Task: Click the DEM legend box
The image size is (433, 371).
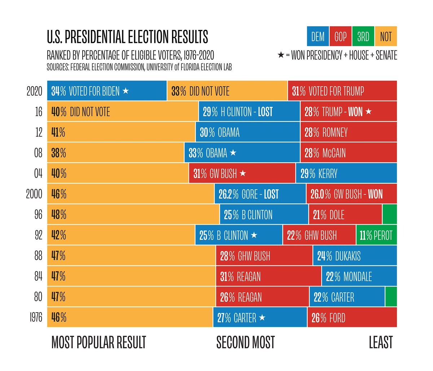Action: pos(318,36)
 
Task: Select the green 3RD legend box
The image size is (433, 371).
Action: pos(363,36)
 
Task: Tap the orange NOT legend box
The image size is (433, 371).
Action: pos(386,36)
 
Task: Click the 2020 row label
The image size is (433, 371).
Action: pos(34,91)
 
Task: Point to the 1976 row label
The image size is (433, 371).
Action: pos(36,318)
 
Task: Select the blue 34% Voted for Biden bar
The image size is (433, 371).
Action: pos(107,91)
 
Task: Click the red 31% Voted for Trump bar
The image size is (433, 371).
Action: pos(342,91)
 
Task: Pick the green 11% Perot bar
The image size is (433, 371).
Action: pos(376,235)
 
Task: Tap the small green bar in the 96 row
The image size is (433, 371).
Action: pos(390,215)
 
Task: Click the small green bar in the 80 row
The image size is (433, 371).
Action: pos(391,297)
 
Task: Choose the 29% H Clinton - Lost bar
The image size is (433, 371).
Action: pos(249,112)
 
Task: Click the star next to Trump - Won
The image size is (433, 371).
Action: pos(368,111)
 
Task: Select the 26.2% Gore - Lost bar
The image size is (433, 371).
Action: pos(260,194)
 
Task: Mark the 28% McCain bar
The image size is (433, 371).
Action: pos(348,153)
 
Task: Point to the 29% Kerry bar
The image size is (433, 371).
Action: pos(346,173)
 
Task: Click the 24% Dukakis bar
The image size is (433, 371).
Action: pos(355,256)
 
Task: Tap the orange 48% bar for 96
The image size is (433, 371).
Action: pos(133,215)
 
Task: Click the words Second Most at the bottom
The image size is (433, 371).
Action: pos(245,342)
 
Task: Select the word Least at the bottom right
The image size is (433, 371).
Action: pos(381,342)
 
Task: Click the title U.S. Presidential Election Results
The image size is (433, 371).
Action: pos(127,37)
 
